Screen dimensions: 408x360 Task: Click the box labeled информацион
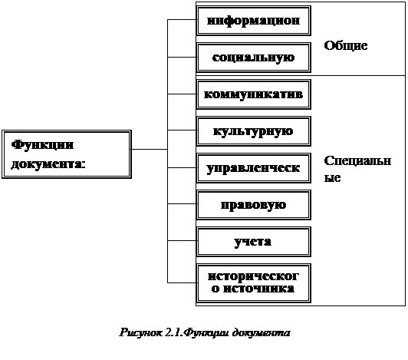[254, 21]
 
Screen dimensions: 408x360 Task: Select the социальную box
[254, 58]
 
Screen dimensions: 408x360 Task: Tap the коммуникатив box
[254, 94]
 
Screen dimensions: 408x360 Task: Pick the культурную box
[254, 131]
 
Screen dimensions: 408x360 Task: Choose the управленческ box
[254, 168]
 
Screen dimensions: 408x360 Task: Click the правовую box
[254, 205]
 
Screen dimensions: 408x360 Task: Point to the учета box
[254, 242]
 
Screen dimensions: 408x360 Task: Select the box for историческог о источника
[254, 283]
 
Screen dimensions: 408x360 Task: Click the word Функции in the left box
[42, 145]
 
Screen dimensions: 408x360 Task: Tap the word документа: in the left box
[48, 164]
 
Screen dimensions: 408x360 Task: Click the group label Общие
[346, 46]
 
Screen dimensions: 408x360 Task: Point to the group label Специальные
[357, 170]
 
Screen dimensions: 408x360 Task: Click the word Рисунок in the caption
[141, 333]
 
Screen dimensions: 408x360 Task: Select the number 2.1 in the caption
[174, 332]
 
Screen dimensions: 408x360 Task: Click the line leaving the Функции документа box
[150, 149]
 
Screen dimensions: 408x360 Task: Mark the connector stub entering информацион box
[182, 19]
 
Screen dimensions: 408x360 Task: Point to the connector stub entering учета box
[182, 241]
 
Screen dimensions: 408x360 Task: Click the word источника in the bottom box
[258, 289]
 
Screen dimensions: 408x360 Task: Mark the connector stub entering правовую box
[182, 204]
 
